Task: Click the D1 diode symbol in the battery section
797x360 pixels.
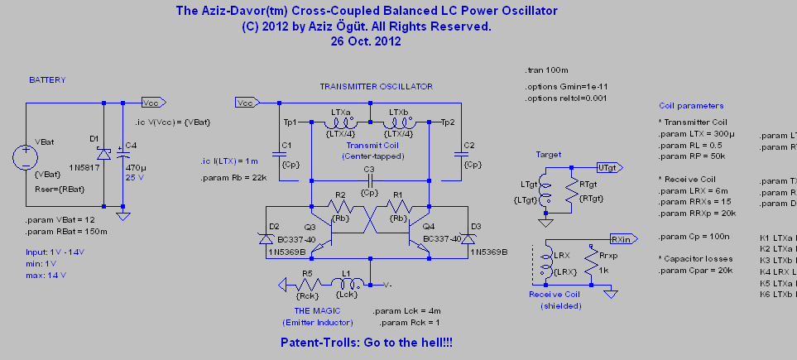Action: (x=103, y=154)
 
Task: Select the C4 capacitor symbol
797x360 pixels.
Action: (x=123, y=153)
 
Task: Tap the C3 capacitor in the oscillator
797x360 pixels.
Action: (x=370, y=180)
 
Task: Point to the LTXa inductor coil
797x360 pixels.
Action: (x=340, y=123)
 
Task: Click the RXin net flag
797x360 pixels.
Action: (x=622, y=238)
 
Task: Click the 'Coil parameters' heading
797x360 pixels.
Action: (x=691, y=106)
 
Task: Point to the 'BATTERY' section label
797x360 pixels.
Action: (x=47, y=80)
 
